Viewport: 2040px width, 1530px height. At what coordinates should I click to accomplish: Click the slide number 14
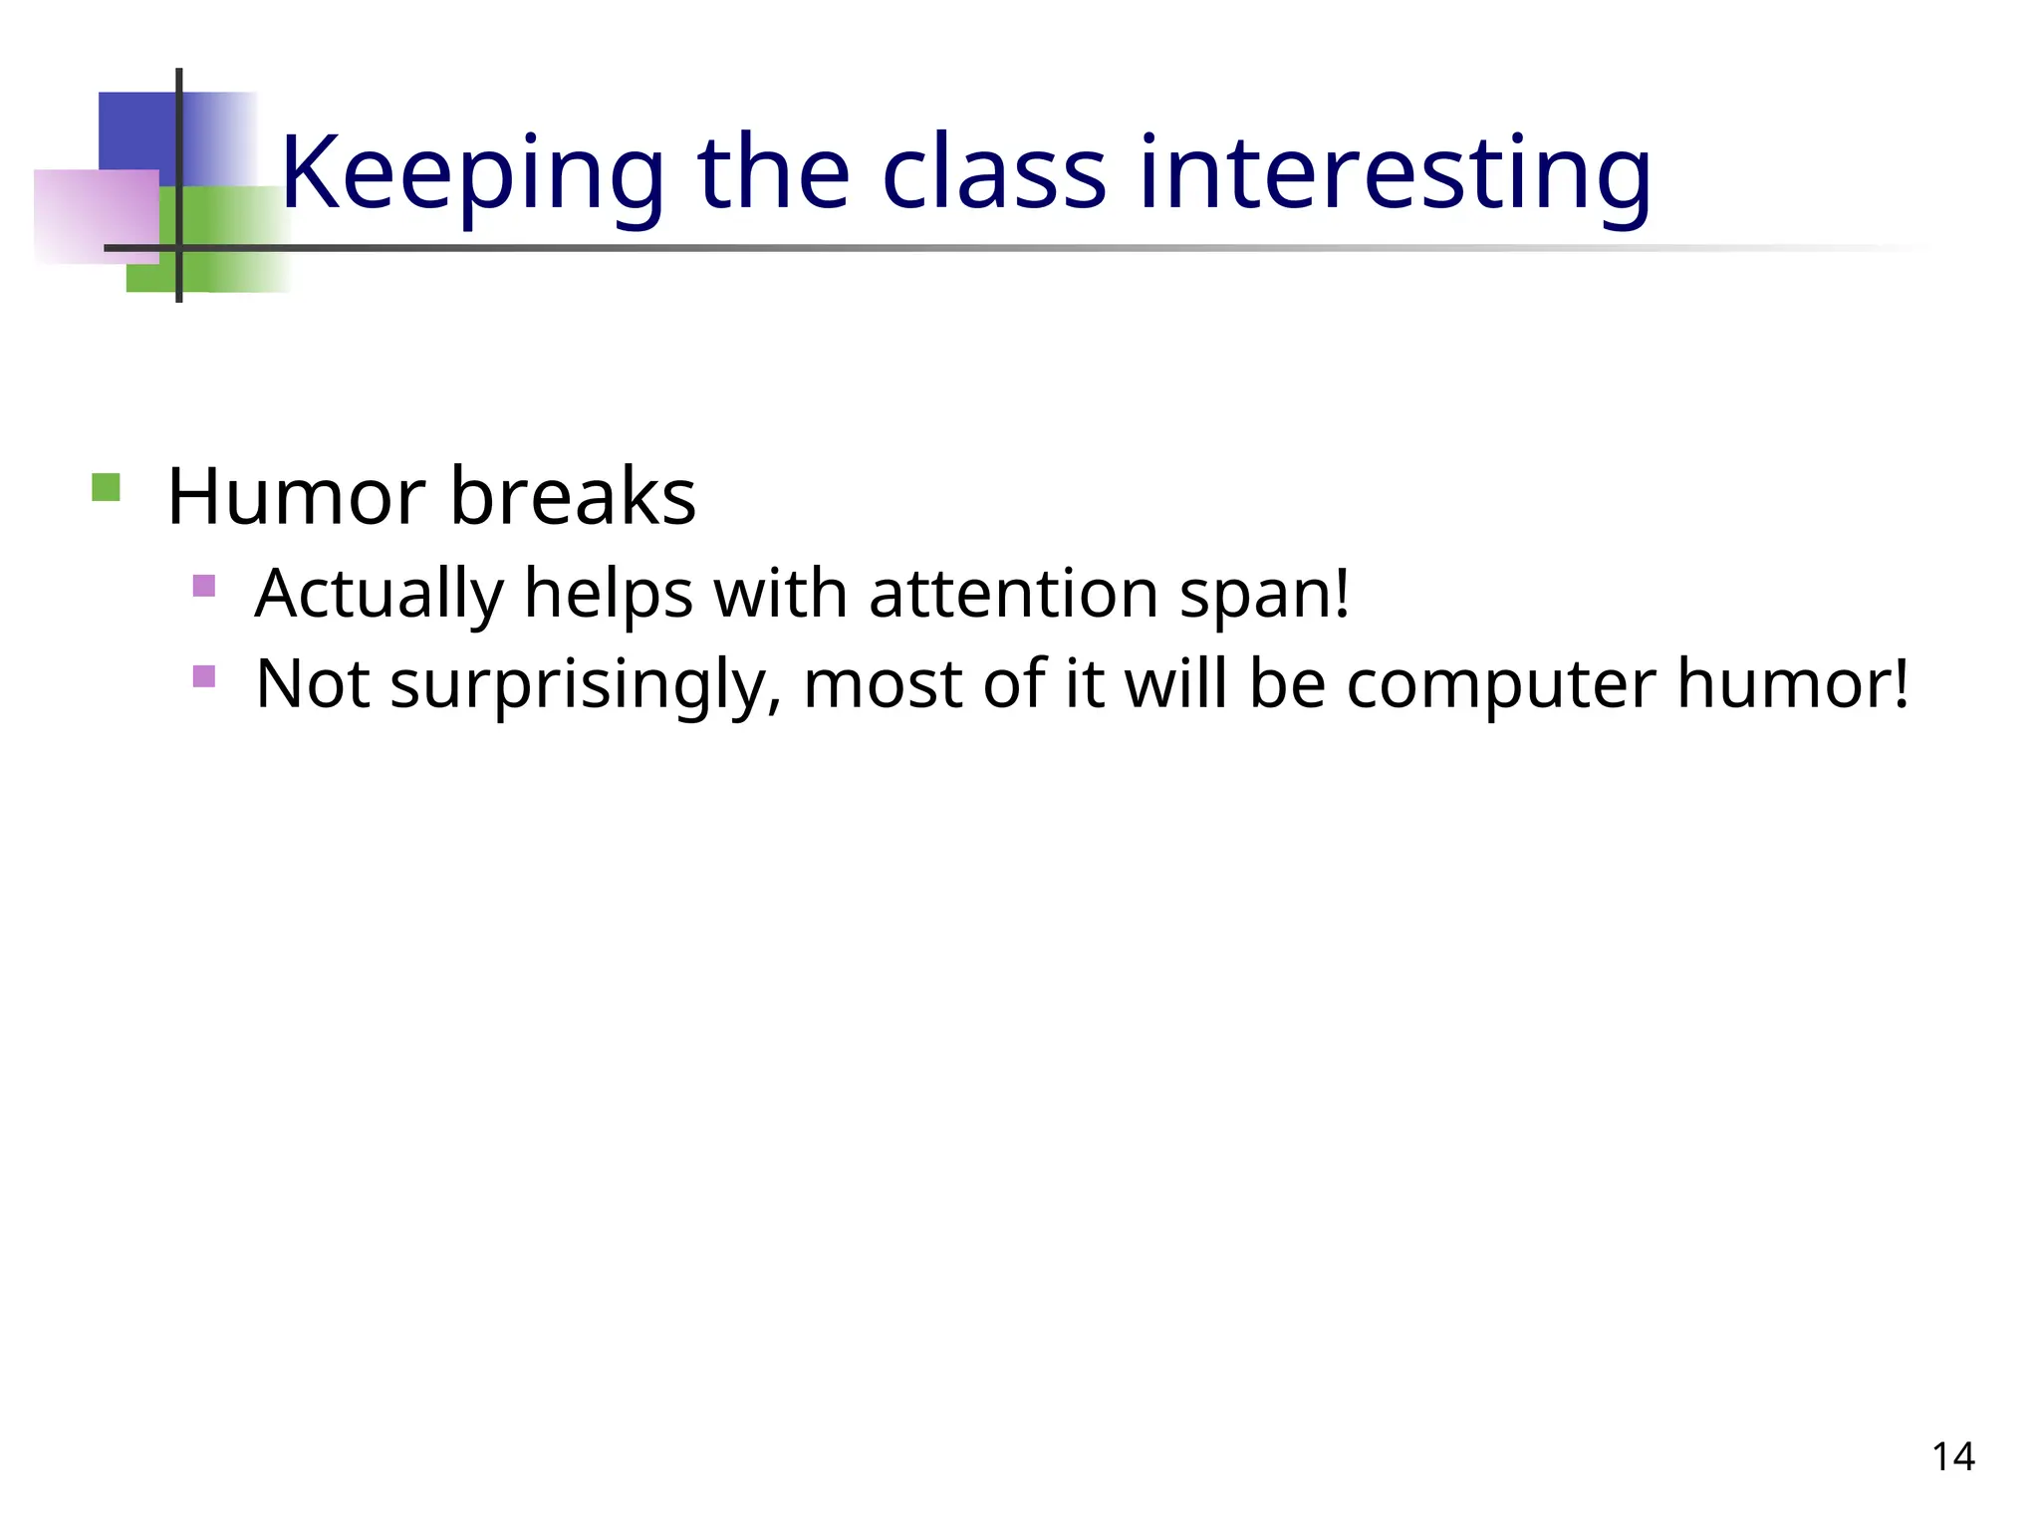1952,1456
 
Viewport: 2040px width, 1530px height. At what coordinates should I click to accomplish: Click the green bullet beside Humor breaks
106,488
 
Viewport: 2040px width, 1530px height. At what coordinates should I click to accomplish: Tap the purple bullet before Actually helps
204,586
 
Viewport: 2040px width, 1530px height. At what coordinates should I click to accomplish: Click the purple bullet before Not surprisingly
204,676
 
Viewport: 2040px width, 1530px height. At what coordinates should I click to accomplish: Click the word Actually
379,595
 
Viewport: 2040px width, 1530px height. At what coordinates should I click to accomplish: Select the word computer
1500,685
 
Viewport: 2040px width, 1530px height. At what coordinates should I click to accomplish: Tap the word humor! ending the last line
1793,685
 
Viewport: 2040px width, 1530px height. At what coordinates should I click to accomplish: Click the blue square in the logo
137,129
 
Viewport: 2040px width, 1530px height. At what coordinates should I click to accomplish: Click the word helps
608,595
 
